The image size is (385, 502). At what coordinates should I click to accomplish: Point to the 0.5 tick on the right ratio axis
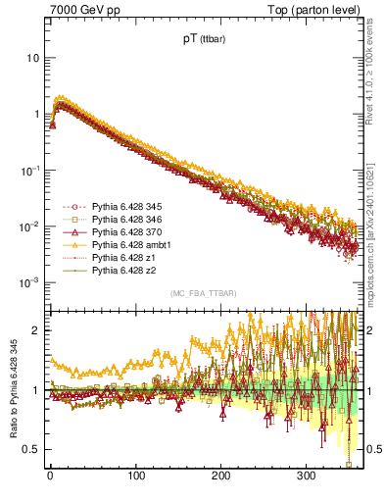pyautogui.click(x=373, y=449)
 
